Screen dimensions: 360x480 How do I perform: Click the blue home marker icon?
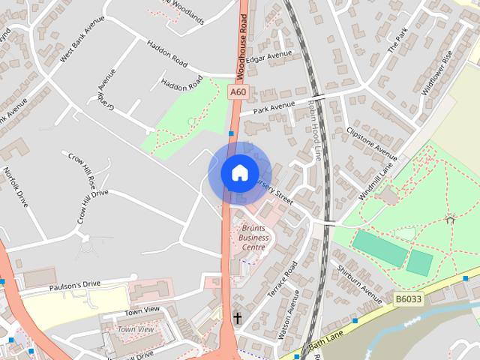[239, 172]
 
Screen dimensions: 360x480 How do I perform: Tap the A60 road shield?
[238, 92]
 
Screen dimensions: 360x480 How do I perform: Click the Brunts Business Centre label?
[253, 237]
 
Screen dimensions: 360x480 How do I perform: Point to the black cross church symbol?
[238, 318]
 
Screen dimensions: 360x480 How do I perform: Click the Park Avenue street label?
[271, 109]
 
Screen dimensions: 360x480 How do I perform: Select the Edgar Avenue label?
[269, 56]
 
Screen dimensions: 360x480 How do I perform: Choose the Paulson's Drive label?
[74, 285]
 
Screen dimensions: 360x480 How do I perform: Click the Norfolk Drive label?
[16, 187]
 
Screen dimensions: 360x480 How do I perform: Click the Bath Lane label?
[325, 343]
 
